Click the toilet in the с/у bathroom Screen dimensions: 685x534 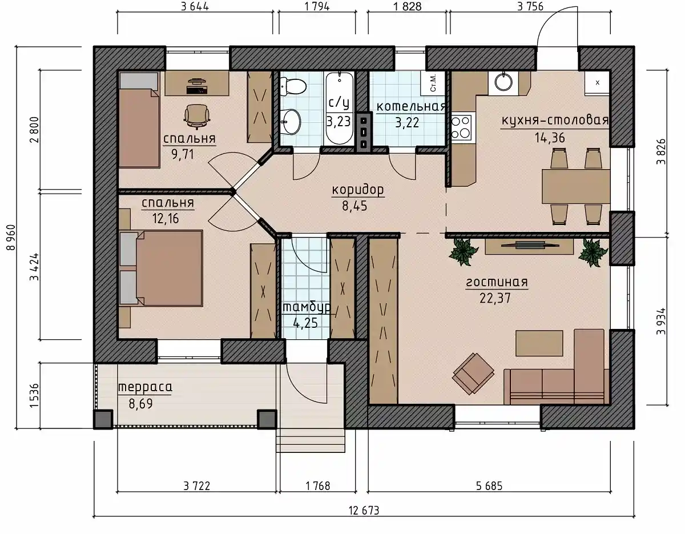293,86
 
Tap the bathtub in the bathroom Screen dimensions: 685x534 340,108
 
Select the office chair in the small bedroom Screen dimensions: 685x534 197,117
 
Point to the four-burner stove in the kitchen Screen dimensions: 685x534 461,128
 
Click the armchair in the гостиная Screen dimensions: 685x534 473,374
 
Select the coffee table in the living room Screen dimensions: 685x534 539,343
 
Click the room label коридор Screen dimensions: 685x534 358,190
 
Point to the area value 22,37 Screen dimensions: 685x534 495,298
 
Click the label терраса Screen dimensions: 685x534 145,387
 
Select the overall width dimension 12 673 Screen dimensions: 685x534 364,510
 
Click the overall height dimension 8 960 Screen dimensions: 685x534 11,238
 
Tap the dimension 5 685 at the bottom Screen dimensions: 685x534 489,486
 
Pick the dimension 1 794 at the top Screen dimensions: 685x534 317,6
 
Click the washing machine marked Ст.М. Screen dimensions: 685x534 432,83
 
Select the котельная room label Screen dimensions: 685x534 411,107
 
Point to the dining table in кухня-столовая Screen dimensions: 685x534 576,187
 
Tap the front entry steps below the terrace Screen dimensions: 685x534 311,440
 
